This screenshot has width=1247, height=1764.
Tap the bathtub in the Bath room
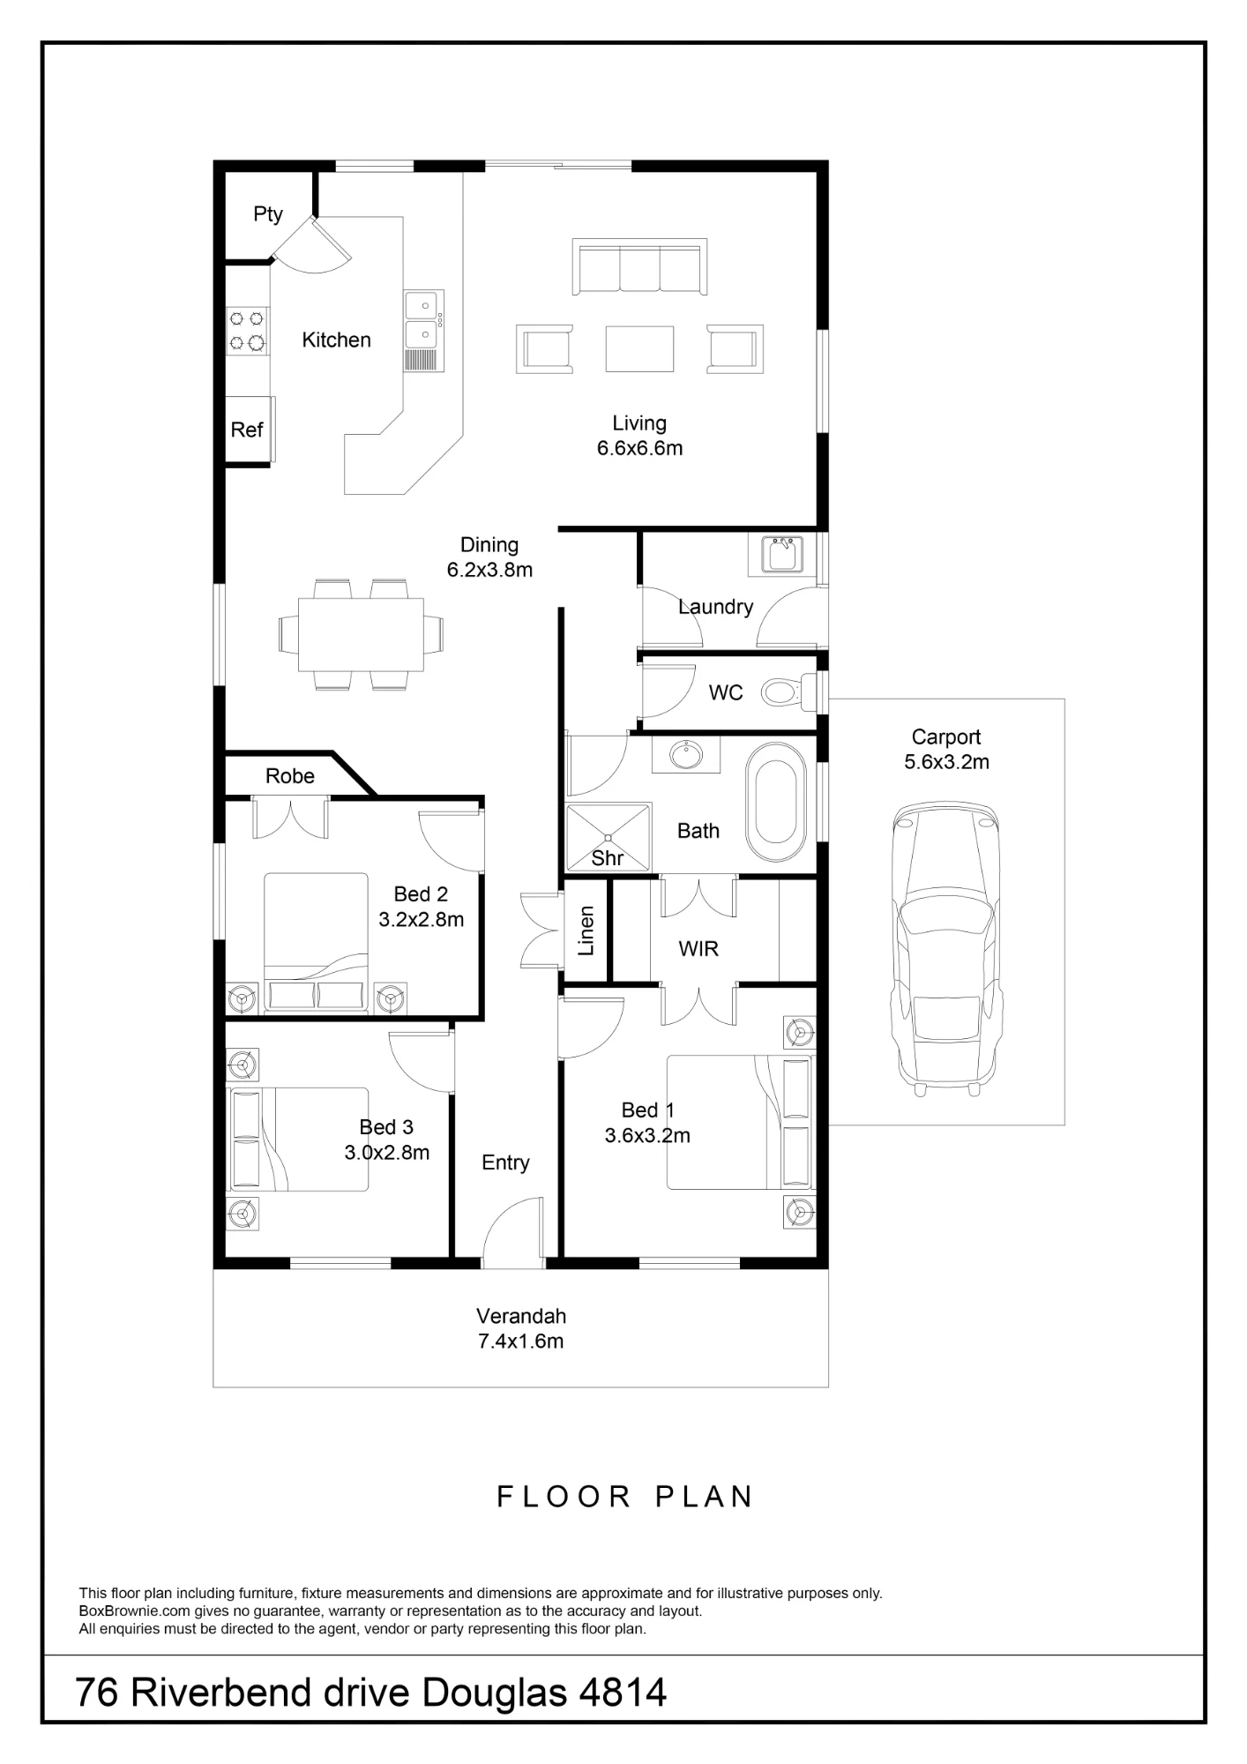pyautogui.click(x=776, y=802)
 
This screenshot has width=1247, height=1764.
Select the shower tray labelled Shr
pyautogui.click(x=608, y=836)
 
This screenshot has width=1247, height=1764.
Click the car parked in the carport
pyautogui.click(x=947, y=947)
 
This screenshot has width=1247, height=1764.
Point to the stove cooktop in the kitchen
pyautogui.click(x=248, y=331)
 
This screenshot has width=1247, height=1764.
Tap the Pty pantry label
pyautogui.click(x=268, y=214)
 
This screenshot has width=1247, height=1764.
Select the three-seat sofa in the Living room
pyautogui.click(x=639, y=266)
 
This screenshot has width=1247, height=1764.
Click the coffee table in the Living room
pyautogui.click(x=639, y=348)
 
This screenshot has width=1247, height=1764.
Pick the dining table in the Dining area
pyautogui.click(x=361, y=634)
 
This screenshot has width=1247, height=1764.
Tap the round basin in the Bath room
pyautogui.click(x=686, y=755)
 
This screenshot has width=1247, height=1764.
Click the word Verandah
pyautogui.click(x=521, y=1316)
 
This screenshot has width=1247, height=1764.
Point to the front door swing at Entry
pyautogui.click(x=512, y=1232)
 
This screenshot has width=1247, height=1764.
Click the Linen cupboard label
pyautogui.click(x=586, y=931)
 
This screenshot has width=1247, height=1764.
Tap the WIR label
pyautogui.click(x=698, y=949)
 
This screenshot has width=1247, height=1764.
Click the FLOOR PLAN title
pyautogui.click(x=625, y=1497)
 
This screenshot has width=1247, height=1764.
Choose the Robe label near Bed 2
pyautogui.click(x=290, y=776)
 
